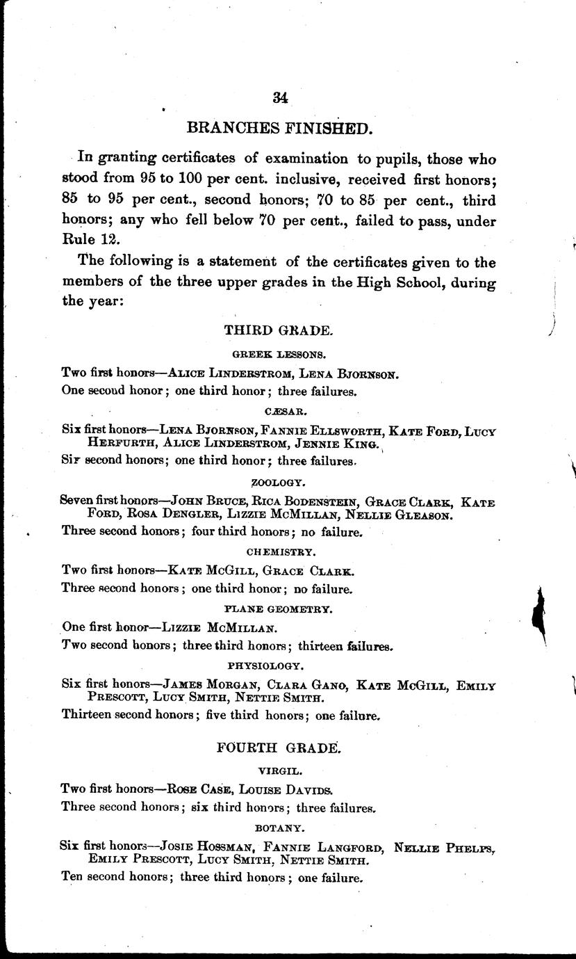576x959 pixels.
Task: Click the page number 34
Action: [x=281, y=97]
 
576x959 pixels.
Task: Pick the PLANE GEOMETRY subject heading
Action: [x=279, y=609]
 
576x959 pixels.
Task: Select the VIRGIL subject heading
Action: [x=278, y=771]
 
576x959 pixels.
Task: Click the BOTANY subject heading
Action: [x=279, y=828]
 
